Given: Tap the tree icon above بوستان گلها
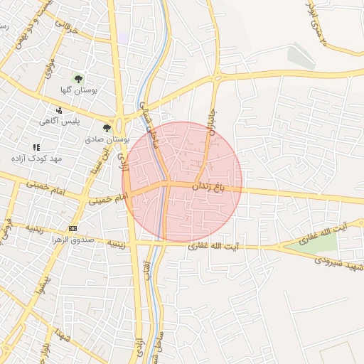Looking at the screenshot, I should (x=77, y=79).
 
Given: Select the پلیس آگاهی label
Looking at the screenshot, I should (x=61, y=122).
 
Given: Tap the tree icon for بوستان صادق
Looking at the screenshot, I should (x=107, y=128).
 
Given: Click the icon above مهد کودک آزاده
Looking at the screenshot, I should (x=36, y=146).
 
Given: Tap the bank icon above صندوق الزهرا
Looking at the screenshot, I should (x=72, y=227).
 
